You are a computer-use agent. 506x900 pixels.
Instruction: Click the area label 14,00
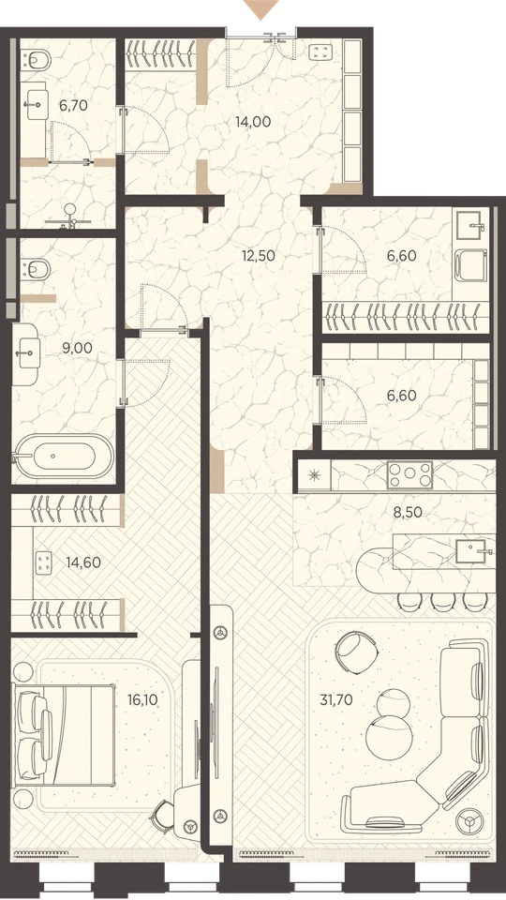coord(253,122)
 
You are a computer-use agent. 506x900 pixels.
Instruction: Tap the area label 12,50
coord(259,256)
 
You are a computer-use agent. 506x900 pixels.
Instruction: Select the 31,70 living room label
coord(335,699)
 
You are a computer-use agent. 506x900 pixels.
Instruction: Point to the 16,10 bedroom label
coord(141,699)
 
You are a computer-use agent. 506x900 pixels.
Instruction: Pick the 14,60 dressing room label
coord(83,562)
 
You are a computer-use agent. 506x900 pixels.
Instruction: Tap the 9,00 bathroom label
coord(78,348)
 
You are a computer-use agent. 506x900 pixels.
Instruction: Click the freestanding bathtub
coord(65,456)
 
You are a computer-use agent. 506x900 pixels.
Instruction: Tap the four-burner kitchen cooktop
coord(409,474)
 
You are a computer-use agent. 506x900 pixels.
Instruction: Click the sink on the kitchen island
coord(473,550)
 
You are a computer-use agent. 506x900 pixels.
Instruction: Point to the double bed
coord(65,735)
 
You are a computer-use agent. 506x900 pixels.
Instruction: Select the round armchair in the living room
coord(357,651)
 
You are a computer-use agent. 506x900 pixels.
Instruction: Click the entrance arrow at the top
coord(261,9)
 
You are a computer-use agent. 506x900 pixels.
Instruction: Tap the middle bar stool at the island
coord(442,600)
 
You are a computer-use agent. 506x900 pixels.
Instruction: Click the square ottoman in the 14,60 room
coord(43,562)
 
